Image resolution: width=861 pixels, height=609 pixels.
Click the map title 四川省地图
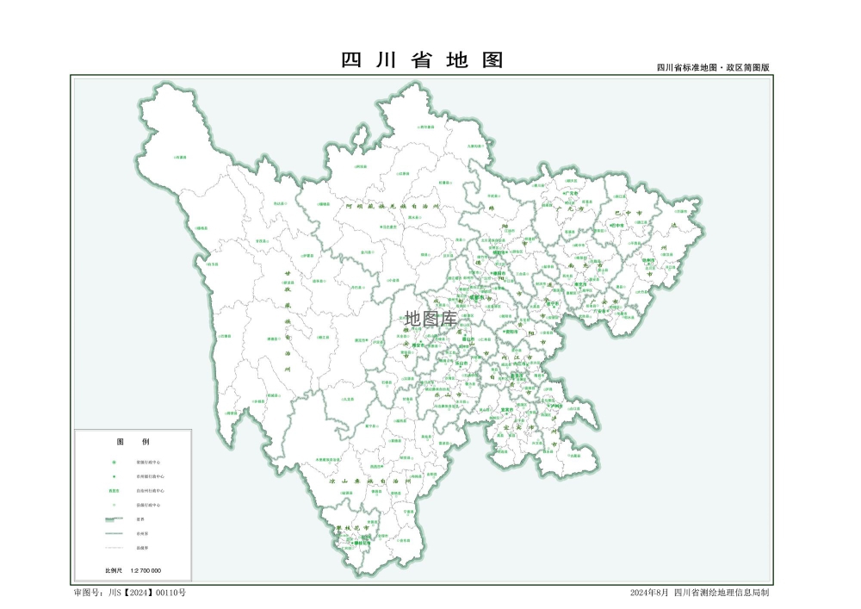[422, 60]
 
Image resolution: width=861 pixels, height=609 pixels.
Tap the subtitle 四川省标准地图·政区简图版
[712, 67]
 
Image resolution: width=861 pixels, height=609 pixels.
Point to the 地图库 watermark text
[430, 319]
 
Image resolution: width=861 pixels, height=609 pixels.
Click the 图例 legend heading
[133, 441]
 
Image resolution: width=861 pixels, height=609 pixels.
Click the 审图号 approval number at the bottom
[130, 593]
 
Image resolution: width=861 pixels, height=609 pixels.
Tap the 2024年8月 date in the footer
[649, 593]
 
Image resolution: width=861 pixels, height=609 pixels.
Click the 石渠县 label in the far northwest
[180, 158]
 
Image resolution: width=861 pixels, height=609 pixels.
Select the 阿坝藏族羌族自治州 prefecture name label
[392, 207]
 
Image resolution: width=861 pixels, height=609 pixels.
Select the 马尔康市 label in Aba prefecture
[389, 227]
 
